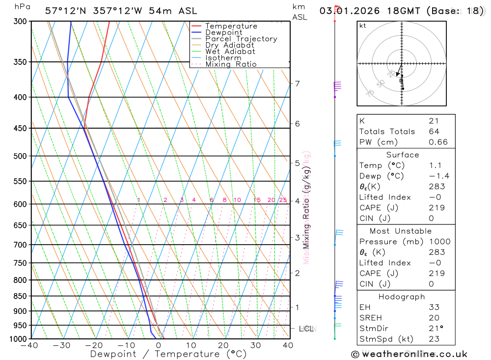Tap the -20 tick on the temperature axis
pyautogui.click(x=93, y=345)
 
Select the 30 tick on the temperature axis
pyautogui.click(x=255, y=345)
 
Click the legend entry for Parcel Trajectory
pyautogui.click(x=241, y=39)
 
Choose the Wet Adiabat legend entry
pyautogui.click(x=230, y=52)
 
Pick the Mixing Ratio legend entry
pyautogui.click(x=231, y=64)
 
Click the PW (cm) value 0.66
pyautogui.click(x=438, y=142)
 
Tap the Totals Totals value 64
pyautogui.click(x=434, y=131)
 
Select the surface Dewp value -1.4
pyautogui.click(x=438, y=176)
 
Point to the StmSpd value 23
pyautogui.click(x=434, y=339)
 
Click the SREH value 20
pyautogui.click(x=434, y=318)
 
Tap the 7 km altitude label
pyautogui.click(x=297, y=83)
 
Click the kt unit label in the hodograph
pyautogui.click(x=363, y=26)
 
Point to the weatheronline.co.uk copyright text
pyautogui.click(x=409, y=354)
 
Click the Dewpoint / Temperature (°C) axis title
pyautogui.click(x=168, y=354)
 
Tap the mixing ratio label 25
pyautogui.click(x=283, y=200)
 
